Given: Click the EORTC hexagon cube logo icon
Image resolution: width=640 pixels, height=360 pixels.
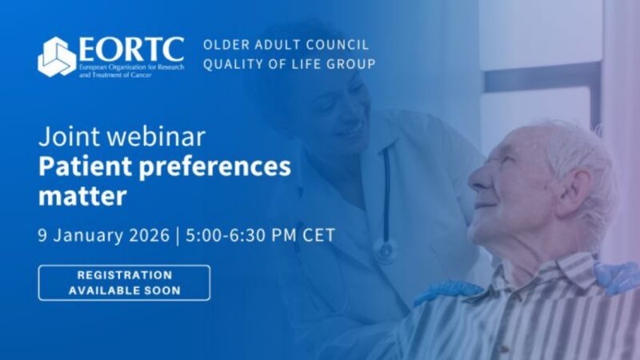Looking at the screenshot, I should [57, 57].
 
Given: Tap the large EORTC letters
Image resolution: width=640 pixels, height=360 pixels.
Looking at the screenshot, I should [131, 49].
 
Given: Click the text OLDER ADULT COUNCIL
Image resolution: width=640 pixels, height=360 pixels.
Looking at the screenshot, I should [286, 45].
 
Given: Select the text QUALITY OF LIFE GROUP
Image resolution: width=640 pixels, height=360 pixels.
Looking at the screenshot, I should [288, 64].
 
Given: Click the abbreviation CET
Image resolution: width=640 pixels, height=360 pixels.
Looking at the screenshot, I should [320, 235].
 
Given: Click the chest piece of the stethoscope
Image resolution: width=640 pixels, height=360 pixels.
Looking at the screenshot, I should [386, 250].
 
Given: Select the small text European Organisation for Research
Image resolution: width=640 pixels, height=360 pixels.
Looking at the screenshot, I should [130, 66].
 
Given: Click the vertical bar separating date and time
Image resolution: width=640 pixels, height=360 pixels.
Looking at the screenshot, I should [178, 235].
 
